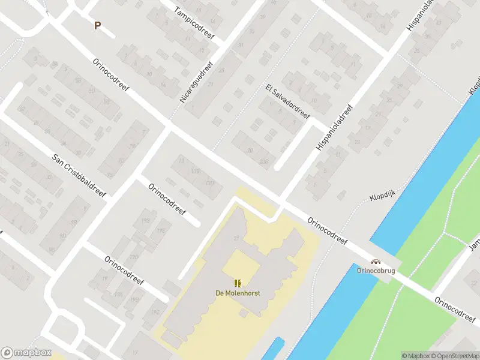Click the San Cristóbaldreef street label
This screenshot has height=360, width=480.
(x=79, y=176)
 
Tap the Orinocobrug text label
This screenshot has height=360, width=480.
(x=376, y=271)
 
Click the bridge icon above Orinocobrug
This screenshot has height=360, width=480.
(x=376, y=262)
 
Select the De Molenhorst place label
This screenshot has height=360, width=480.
(x=238, y=293)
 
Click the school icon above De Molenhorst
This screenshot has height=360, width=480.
(x=238, y=283)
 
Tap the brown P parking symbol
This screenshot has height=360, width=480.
(x=97, y=25)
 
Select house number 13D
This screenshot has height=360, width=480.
(x=210, y=183)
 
